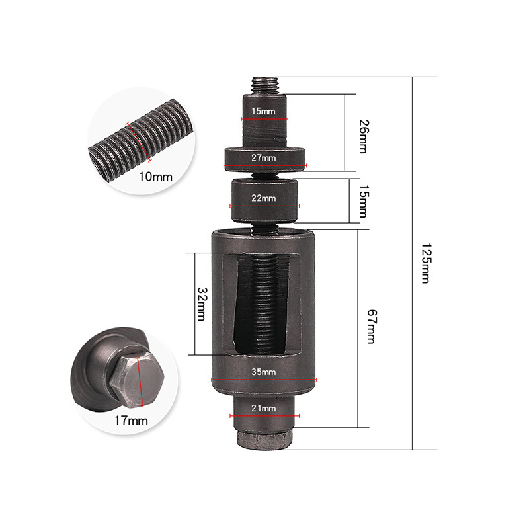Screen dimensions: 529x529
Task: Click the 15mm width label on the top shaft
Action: point(263,111)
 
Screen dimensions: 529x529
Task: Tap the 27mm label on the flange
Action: point(263,157)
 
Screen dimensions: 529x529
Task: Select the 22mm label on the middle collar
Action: point(263,198)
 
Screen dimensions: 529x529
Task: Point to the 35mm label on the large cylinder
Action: point(263,372)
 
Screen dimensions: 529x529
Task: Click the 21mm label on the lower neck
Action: point(263,408)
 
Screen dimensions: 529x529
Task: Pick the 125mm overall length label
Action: point(426,263)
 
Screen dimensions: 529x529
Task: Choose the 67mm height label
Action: point(372,327)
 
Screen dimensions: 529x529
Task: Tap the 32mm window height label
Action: point(202,304)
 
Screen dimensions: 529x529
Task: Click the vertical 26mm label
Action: point(364,137)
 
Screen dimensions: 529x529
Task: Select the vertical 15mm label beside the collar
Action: point(364,201)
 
